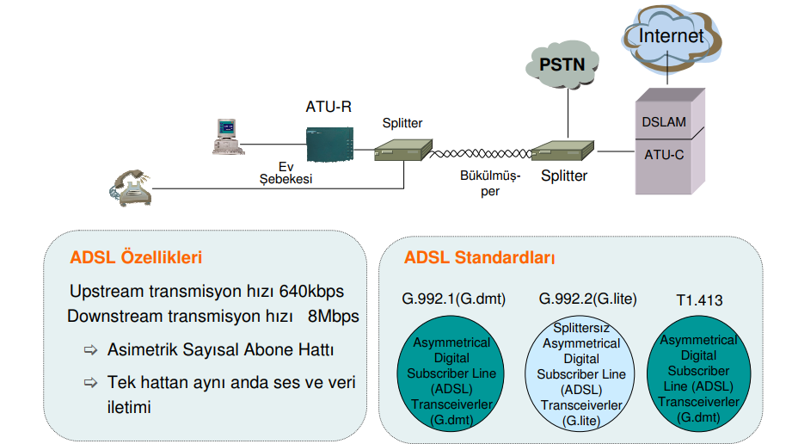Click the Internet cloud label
point(671,36)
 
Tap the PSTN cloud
point(562,63)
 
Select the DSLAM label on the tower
point(664,121)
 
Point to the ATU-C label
point(664,156)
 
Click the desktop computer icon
point(224,137)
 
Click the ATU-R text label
point(329,107)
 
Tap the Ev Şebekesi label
point(286,172)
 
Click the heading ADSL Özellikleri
point(136,257)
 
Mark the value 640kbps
point(311,291)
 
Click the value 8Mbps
point(334,315)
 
